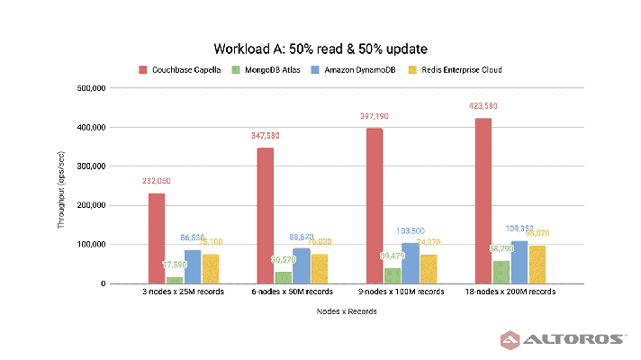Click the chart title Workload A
[x=320, y=48]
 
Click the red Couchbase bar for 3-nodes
[x=157, y=238]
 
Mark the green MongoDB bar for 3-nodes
[x=175, y=280]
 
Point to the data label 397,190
[x=375, y=117]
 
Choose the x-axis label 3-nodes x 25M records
[x=184, y=292]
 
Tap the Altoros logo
[x=562, y=339]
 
